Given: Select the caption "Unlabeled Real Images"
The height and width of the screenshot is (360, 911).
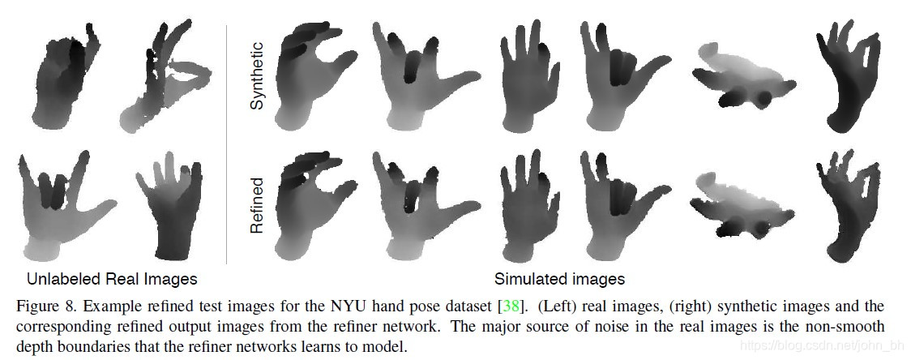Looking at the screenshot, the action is tap(112, 279).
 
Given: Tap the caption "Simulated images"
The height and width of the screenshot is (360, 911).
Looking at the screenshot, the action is tap(559, 279).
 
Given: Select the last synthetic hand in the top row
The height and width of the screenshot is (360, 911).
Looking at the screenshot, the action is tap(846, 77).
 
